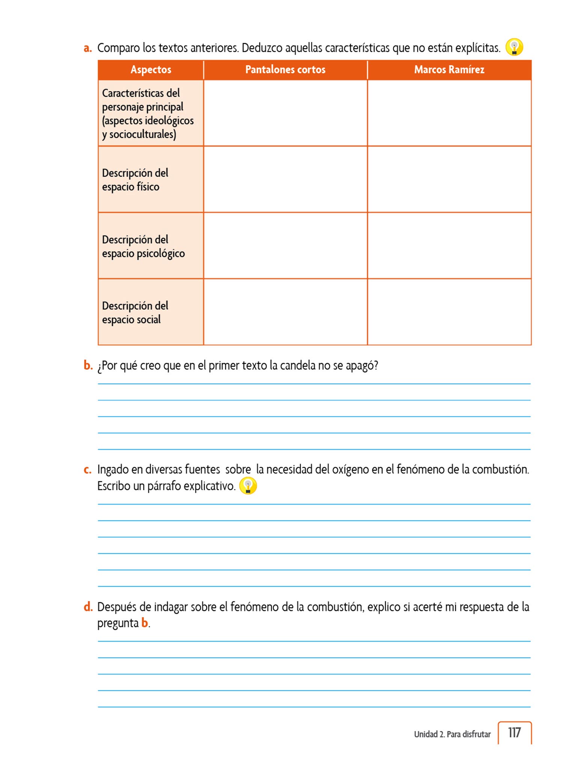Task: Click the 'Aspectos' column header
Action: [151, 70]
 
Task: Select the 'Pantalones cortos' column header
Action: [285, 70]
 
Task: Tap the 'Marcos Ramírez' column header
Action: [449, 70]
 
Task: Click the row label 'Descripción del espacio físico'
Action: [135, 180]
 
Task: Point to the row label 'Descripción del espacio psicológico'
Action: [143, 246]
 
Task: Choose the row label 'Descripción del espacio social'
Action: [135, 312]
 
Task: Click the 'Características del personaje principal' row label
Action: [148, 113]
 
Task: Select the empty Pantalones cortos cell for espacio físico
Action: [285, 179]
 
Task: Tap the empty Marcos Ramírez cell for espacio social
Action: [449, 312]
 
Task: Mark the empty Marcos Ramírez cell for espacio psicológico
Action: [449, 246]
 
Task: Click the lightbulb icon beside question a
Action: [514, 47]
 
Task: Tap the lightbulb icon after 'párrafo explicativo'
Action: [248, 486]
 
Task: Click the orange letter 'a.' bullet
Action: [88, 48]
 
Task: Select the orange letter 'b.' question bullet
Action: [88, 365]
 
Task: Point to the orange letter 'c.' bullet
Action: [87, 470]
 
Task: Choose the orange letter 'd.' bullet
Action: [88, 607]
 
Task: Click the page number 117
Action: [514, 733]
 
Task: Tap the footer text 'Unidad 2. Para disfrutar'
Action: [452, 734]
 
